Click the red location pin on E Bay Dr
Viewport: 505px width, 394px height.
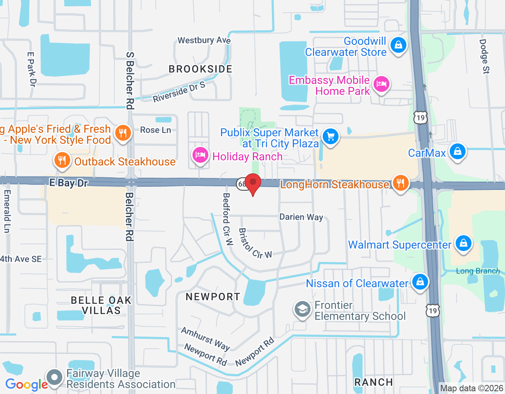253,184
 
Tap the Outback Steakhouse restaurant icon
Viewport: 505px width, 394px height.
62,160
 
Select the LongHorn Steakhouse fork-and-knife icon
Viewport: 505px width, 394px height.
400,183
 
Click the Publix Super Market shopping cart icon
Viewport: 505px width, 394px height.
331,137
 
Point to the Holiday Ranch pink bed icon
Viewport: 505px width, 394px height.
200,155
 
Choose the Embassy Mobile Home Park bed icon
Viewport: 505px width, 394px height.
382,84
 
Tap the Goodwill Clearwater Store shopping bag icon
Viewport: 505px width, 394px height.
398,45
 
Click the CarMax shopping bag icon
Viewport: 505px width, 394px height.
458,151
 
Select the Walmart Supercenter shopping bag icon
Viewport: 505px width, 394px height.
464,243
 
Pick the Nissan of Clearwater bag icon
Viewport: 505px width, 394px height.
420,282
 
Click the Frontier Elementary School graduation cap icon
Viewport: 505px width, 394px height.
303,309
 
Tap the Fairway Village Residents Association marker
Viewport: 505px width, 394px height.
55,377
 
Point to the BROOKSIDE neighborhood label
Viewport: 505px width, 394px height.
200,69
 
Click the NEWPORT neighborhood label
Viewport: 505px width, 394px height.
213,297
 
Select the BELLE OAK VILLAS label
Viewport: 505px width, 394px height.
101,305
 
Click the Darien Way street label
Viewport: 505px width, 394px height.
301,217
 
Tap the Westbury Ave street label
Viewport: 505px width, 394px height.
204,40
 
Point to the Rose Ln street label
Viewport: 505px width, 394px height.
155,130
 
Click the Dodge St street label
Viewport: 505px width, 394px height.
484,56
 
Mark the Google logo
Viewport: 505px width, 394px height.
26,385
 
